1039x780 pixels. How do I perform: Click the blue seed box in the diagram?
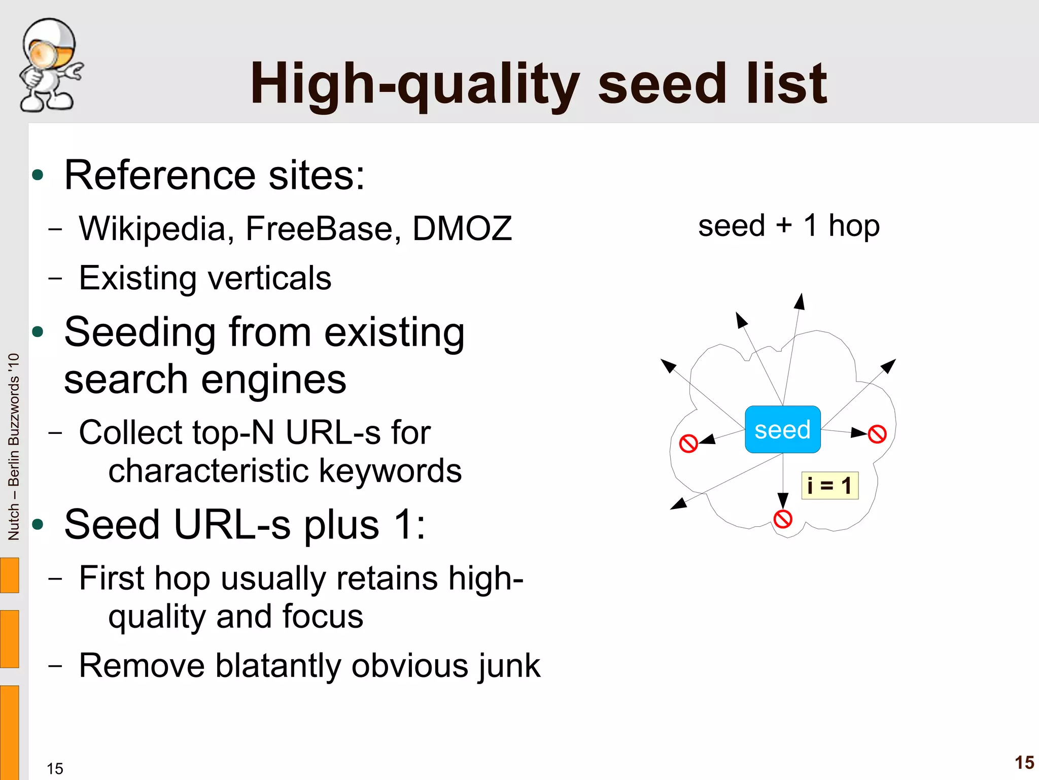coord(782,429)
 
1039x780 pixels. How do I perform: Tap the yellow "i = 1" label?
coord(829,486)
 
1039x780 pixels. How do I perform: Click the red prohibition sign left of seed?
coord(688,444)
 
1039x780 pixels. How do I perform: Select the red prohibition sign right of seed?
coord(877,434)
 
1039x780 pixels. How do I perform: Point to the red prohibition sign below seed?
coord(783,519)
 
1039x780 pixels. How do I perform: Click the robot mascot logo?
coord(50,65)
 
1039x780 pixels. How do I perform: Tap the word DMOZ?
coord(462,228)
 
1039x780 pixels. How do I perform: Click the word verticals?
coord(270,278)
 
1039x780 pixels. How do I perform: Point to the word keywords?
coord(390,471)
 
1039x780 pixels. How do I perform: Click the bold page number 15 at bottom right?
coord(1024,762)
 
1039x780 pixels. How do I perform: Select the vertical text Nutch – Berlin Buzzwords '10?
coord(14,447)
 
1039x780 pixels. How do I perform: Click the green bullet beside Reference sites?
coord(38,175)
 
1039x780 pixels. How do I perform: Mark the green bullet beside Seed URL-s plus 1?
coord(38,524)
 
